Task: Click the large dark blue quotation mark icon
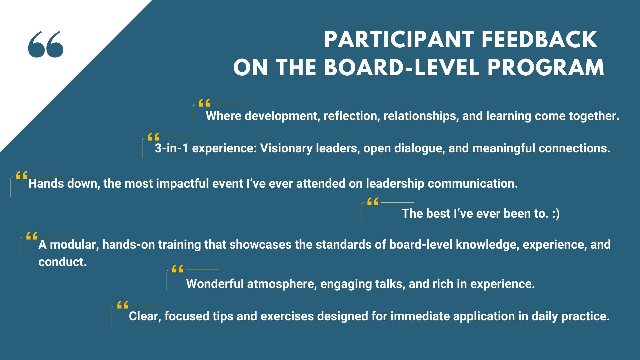coord(46,44)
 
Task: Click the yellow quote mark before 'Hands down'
coord(22,175)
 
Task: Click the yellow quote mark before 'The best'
coord(373,201)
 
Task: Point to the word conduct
coord(63,262)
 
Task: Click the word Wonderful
coord(215,284)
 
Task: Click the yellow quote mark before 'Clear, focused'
coord(123,305)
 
